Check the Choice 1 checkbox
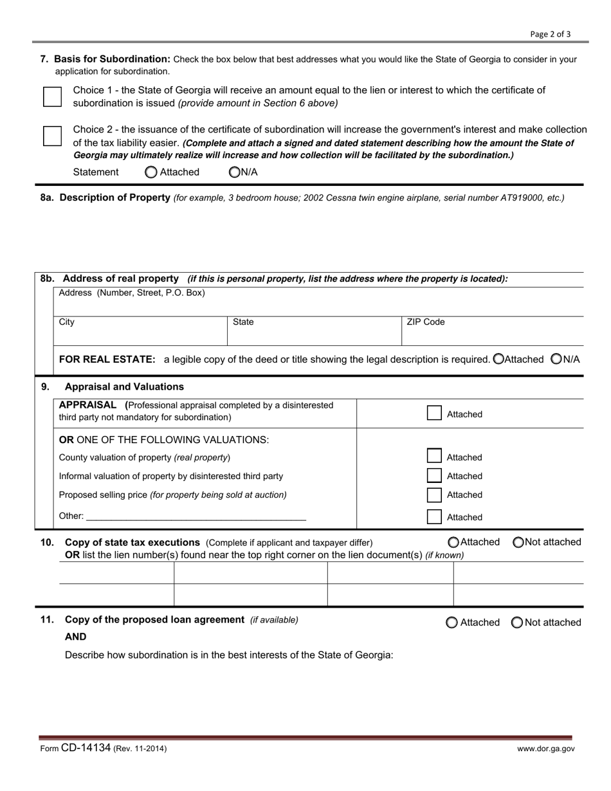[x=52, y=97]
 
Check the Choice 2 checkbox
[x=52, y=136]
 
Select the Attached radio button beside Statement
[x=150, y=172]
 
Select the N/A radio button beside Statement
[x=234, y=172]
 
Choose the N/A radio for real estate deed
[x=557, y=359]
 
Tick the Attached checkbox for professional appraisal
[x=435, y=414]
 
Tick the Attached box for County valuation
[x=435, y=457]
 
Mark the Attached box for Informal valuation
[x=435, y=476]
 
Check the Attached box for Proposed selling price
[x=435, y=495]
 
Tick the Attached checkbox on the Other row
[x=435, y=517]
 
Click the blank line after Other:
[x=196, y=516]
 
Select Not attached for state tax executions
[x=518, y=542]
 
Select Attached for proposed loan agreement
[x=452, y=623]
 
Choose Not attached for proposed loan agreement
[x=517, y=623]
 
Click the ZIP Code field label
[x=425, y=322]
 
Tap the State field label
[x=243, y=322]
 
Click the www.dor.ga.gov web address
[x=546, y=749]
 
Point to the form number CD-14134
[x=86, y=748]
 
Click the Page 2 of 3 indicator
[x=550, y=34]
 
